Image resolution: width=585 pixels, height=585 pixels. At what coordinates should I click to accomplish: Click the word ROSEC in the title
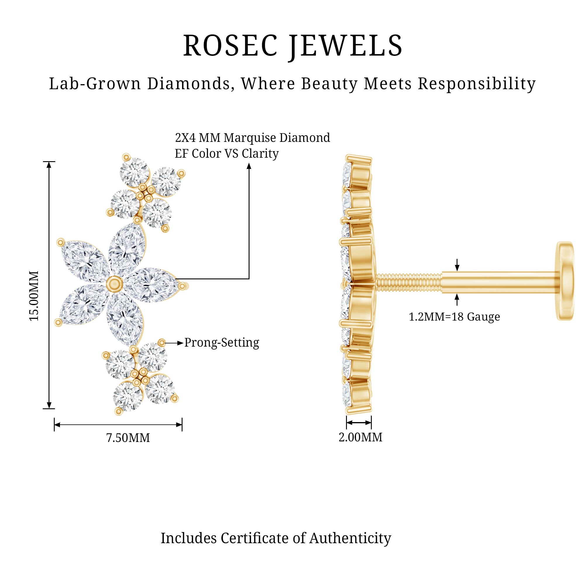point(230,45)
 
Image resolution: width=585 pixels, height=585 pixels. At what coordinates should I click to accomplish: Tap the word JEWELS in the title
point(345,45)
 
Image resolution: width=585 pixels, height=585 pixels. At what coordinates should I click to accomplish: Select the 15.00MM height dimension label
point(34,296)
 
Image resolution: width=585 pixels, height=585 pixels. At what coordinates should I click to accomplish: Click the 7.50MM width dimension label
point(128,438)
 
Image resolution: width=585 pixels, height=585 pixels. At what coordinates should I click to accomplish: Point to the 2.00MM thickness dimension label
point(360,437)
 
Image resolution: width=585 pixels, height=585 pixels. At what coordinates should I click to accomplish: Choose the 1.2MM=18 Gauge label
point(454,317)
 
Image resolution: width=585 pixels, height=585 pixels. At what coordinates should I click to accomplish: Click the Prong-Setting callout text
point(222,343)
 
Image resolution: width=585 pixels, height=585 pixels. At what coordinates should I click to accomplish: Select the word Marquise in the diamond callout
point(250,138)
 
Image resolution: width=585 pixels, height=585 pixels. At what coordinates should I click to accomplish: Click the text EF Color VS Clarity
point(226,154)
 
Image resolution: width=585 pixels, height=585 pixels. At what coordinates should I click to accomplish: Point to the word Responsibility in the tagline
point(476,84)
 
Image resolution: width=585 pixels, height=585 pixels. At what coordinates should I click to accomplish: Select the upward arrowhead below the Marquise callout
point(249,165)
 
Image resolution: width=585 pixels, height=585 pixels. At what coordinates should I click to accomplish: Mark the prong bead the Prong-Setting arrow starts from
point(162,343)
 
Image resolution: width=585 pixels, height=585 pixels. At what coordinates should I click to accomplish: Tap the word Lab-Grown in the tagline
point(95,84)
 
